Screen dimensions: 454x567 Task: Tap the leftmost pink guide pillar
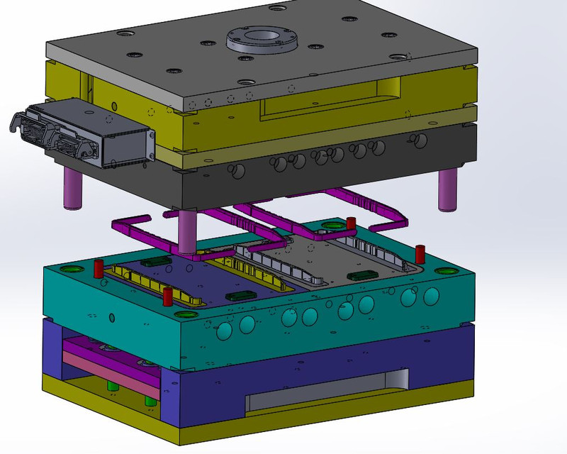tap(72, 187)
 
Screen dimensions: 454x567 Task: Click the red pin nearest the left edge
tap(99, 270)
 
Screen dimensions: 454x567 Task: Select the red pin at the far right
tap(419, 253)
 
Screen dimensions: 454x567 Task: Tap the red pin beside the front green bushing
tap(167, 297)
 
